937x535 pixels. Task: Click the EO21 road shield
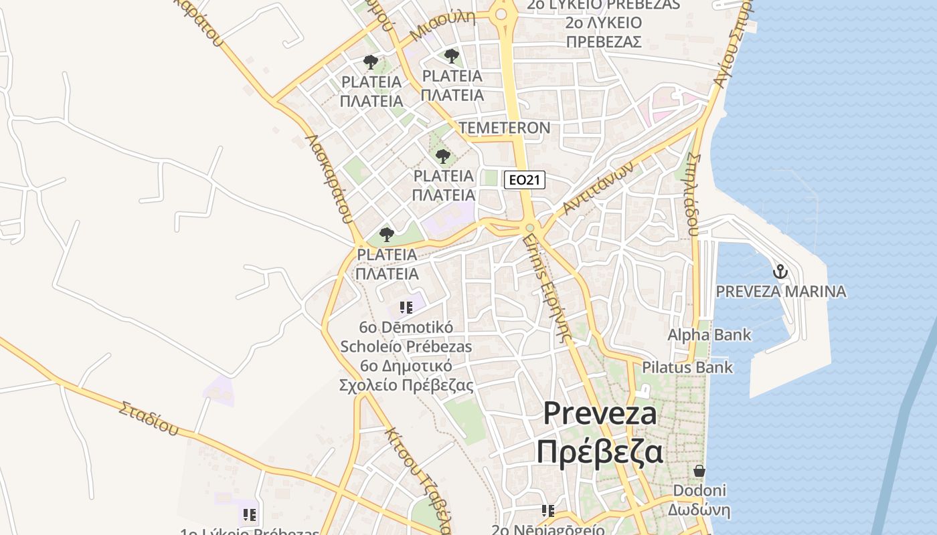(x=525, y=179)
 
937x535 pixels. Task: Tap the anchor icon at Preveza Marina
(x=780, y=272)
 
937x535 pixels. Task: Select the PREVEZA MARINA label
(x=780, y=292)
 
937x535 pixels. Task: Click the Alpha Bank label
(x=709, y=334)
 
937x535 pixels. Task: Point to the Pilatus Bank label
(x=687, y=367)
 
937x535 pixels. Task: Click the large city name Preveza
(x=600, y=413)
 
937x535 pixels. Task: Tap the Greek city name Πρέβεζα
(x=600, y=451)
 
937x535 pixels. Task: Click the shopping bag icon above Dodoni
(x=699, y=471)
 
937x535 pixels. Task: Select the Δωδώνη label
(x=699, y=511)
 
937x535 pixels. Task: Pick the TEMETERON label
(x=505, y=128)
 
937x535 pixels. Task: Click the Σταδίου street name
(x=149, y=417)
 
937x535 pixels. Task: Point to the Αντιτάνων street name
(x=597, y=191)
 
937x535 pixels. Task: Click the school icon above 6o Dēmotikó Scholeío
(x=406, y=308)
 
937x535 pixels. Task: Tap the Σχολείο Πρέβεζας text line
(x=406, y=385)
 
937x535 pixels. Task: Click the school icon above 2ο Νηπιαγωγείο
(x=548, y=512)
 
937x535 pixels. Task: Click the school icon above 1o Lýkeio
(x=250, y=515)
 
